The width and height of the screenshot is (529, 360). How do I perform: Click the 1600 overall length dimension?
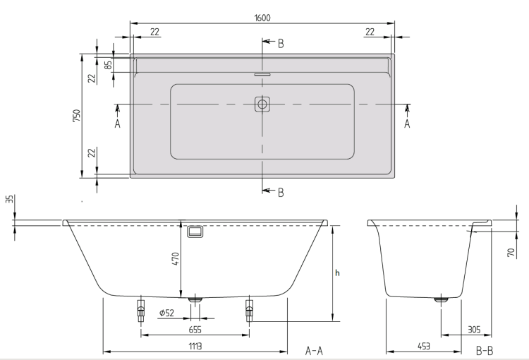pos(262,18)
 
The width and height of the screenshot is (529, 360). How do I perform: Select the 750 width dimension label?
pos(78,116)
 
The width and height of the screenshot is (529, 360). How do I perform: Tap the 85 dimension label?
pos(109,64)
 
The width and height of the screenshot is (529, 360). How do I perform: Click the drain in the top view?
pos(262,104)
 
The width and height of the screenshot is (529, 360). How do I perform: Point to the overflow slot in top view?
pos(262,74)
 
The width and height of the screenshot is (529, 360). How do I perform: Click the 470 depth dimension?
pos(176,258)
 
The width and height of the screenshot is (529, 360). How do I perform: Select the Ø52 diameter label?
pos(166,313)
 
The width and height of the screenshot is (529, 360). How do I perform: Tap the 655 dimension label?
pos(195,329)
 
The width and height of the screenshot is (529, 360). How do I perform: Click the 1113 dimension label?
pos(195,346)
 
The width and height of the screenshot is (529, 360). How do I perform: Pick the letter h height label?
pos(337,272)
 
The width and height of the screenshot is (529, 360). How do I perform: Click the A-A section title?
pos(314,351)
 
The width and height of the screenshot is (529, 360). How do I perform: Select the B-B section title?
pos(485,351)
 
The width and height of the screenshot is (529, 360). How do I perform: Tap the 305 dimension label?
pos(474,329)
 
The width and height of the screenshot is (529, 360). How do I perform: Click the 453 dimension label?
pos(424,346)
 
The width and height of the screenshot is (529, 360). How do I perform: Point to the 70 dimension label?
pos(511,252)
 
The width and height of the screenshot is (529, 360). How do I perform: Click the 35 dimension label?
pos(11,199)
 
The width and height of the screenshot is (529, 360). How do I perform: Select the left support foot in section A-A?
pos(140,310)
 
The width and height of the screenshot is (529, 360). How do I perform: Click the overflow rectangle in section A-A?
pos(195,232)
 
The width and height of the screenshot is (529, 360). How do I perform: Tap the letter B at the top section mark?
pos(281,44)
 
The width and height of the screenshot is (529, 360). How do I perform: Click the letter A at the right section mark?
pos(407,124)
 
